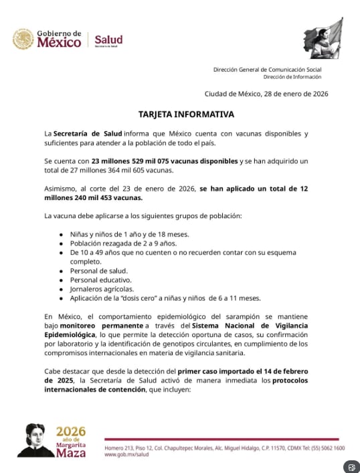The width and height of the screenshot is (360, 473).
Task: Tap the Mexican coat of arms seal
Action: click(23, 39)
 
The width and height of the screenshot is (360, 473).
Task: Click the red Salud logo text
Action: click(108, 39)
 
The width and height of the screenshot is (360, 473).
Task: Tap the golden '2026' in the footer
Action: click(72, 431)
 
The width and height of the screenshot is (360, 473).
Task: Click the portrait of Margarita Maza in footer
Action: click(35, 440)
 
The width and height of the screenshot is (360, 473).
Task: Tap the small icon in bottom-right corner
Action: click(351, 466)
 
